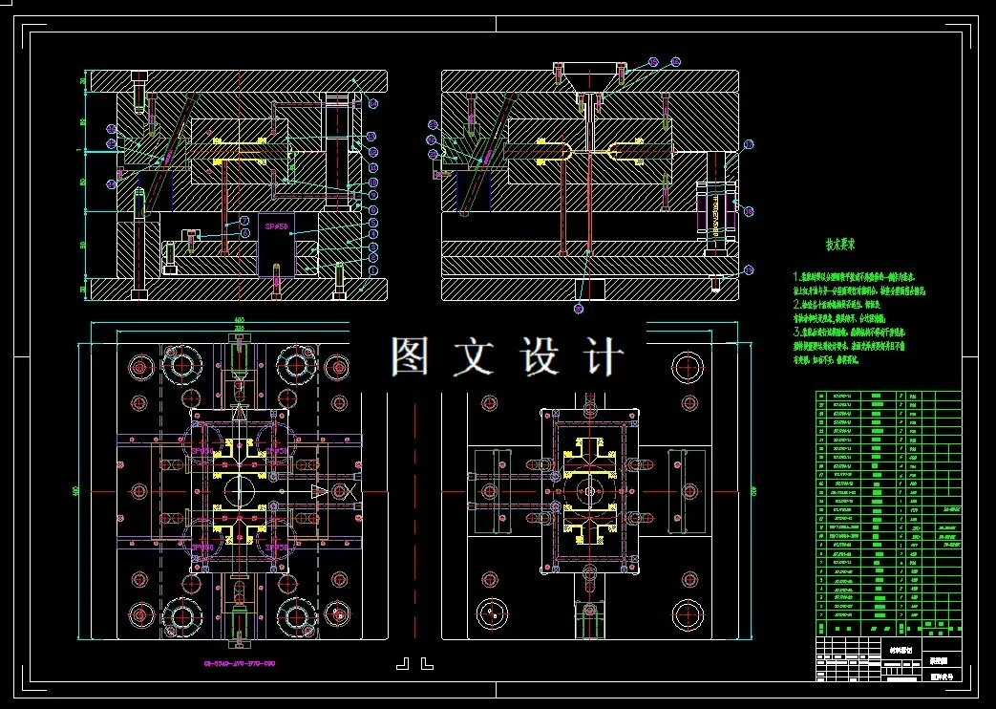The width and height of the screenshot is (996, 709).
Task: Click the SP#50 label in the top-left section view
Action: pos(276,226)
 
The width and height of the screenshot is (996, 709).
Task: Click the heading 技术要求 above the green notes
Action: pos(840,245)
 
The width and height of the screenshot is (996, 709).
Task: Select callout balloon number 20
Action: pos(579,308)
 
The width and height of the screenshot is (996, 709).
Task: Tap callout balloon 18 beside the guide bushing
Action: pos(749,212)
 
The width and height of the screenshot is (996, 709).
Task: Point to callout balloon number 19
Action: pos(749,270)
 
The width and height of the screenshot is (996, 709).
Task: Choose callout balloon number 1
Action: pos(372,269)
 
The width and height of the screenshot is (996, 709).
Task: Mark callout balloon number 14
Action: pos(372,103)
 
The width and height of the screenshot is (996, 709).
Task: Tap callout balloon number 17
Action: pos(749,144)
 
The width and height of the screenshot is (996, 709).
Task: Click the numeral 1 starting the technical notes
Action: pos(796,276)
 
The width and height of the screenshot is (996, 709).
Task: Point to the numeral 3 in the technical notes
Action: pos(796,331)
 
